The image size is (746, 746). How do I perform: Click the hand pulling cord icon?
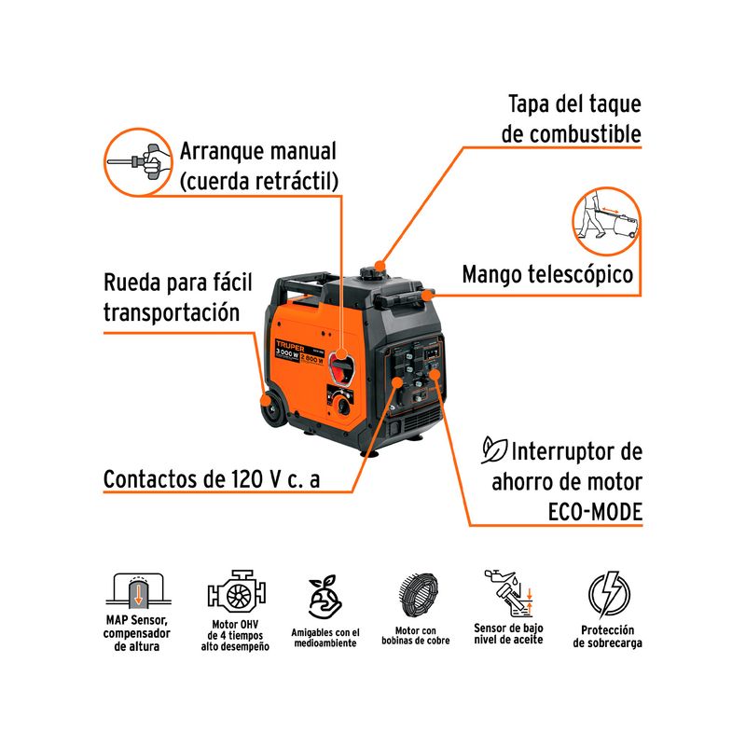click(138, 161)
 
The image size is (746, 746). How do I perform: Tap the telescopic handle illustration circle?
click(606, 221)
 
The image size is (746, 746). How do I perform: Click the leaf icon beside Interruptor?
click(494, 449)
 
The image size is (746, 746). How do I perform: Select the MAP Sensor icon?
click(138, 590)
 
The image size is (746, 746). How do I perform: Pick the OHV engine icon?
click(237, 592)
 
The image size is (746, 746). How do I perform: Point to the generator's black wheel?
click(273, 410)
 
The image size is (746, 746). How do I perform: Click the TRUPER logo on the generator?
click(290, 345)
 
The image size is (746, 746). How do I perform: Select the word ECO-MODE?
click(595, 512)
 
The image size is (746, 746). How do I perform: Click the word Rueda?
click(131, 283)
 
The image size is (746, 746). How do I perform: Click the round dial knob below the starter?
click(342, 406)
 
